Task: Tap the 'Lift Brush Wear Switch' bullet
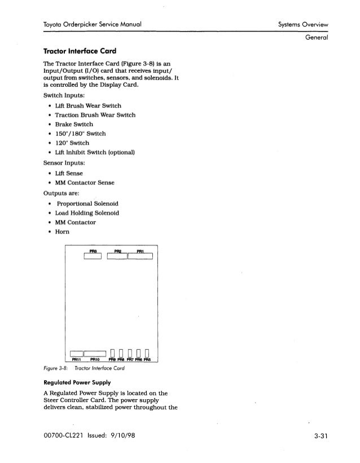tap(85, 105)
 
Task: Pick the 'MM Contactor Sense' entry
tap(85, 183)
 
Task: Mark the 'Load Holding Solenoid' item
tap(87, 213)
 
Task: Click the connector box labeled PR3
tap(91, 257)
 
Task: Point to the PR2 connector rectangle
tap(117, 257)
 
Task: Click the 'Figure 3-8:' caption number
tap(54, 367)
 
